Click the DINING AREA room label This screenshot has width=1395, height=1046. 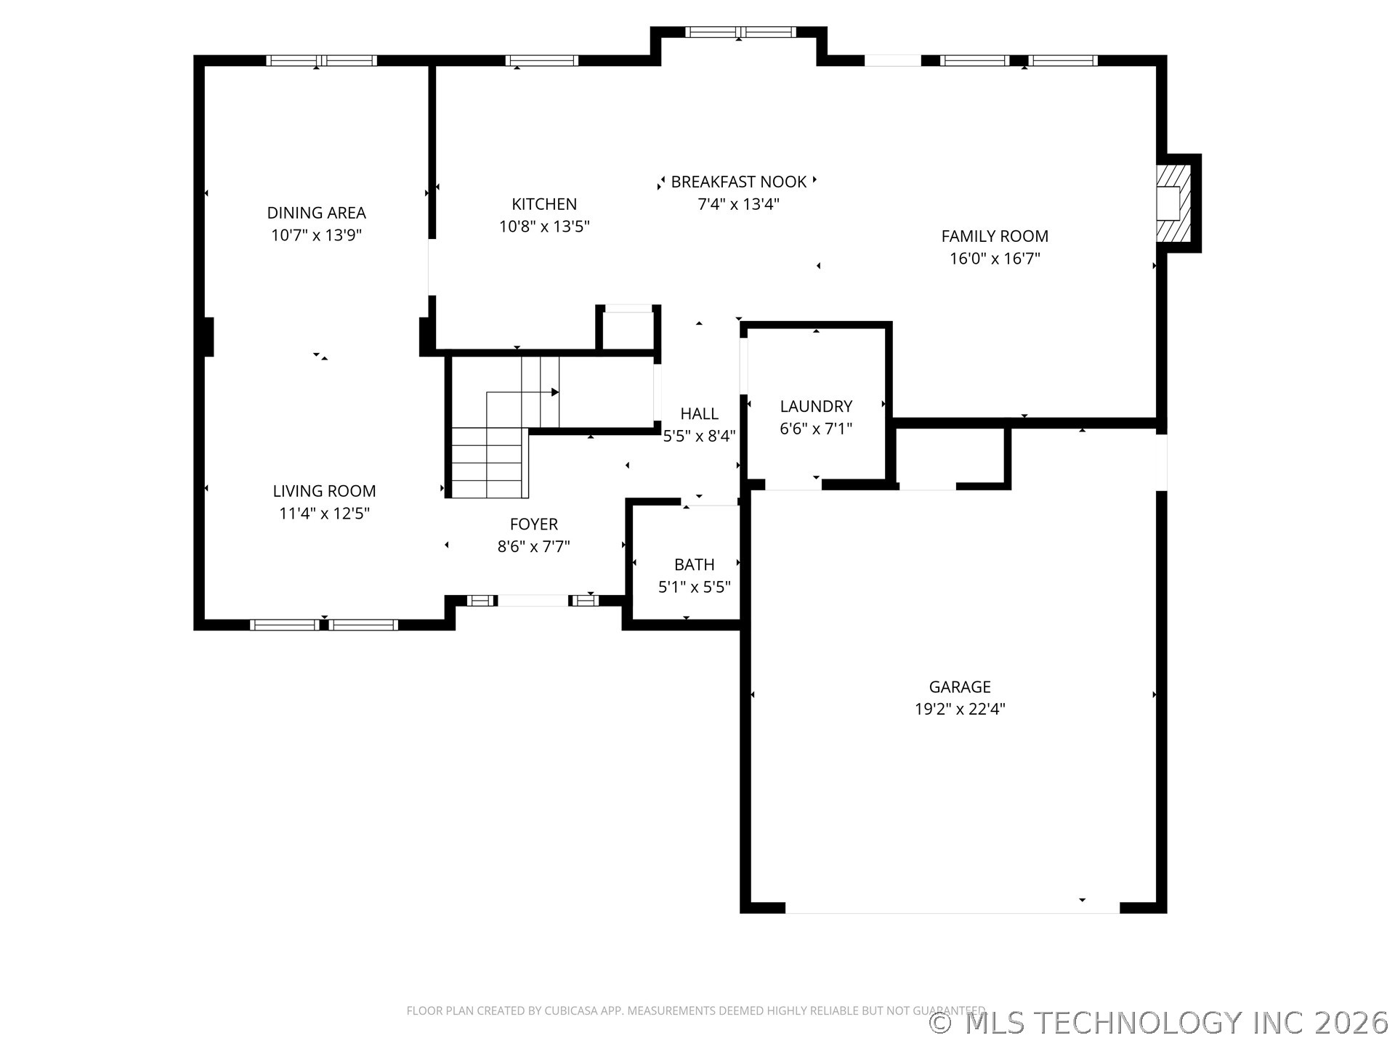pyautogui.click(x=316, y=213)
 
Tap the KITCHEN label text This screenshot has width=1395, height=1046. pyautogui.click(x=544, y=204)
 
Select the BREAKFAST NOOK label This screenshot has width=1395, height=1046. pyautogui.click(x=738, y=182)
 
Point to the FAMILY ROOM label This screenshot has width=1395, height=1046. pyautogui.click(x=995, y=236)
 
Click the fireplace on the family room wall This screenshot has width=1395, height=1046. pyautogui.click(x=1173, y=203)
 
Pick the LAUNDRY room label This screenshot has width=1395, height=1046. pyautogui.click(x=816, y=406)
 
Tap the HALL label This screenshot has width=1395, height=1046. pyautogui.click(x=699, y=413)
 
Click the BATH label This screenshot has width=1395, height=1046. pyautogui.click(x=694, y=564)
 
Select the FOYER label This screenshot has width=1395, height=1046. pyautogui.click(x=534, y=524)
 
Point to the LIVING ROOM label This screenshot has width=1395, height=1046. pyautogui.click(x=324, y=491)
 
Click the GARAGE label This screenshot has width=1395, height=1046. pyautogui.click(x=960, y=686)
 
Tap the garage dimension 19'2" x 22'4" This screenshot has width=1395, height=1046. pyautogui.click(x=960, y=709)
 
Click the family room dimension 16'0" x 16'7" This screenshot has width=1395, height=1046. pyautogui.click(x=995, y=259)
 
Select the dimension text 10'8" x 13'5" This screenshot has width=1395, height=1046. pyautogui.click(x=544, y=227)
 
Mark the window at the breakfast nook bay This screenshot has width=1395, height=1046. pyautogui.click(x=740, y=32)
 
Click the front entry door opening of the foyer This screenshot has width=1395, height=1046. pyautogui.click(x=533, y=601)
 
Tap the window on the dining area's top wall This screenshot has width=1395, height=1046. pyautogui.click(x=321, y=60)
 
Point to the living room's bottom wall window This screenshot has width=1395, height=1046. pyautogui.click(x=324, y=625)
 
